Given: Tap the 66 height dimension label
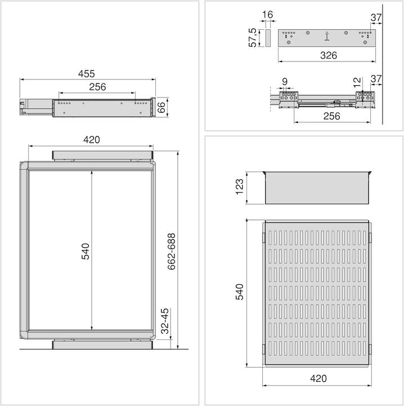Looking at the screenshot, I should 161,107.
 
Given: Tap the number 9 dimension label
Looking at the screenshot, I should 285,82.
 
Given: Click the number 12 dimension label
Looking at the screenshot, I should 357,82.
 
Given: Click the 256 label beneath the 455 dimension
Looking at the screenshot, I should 96,87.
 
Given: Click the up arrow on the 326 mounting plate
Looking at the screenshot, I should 326,37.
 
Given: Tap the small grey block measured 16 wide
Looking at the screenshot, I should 267,38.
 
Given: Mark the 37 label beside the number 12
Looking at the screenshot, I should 376,79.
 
